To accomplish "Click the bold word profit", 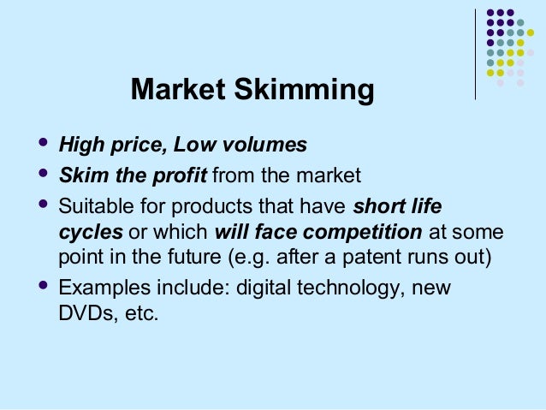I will (x=179, y=176).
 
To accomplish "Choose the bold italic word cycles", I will (x=90, y=233).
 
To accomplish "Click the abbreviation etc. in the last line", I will (x=140, y=313).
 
